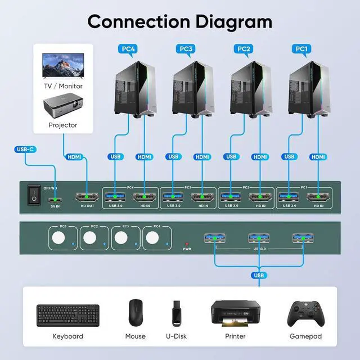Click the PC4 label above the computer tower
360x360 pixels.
128,49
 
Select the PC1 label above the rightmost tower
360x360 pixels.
302,49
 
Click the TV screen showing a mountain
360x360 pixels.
62,66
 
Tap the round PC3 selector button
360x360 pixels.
121,239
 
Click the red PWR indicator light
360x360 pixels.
187,242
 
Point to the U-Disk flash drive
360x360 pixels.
176,313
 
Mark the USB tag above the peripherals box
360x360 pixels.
259,275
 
